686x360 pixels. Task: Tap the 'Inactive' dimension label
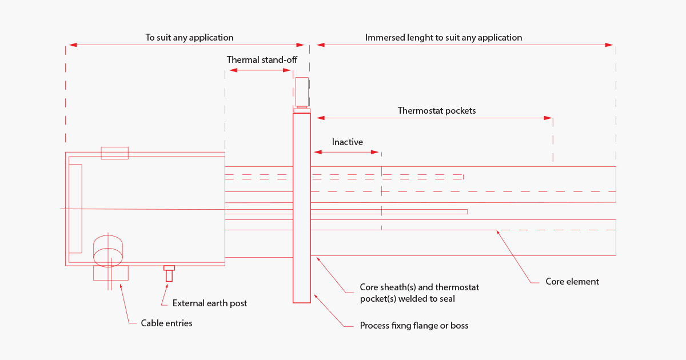(x=347, y=142)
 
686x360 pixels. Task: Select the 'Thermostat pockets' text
(x=436, y=110)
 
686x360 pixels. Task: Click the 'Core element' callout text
(x=572, y=281)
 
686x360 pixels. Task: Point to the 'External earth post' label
(x=209, y=303)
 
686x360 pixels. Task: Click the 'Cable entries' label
(x=166, y=323)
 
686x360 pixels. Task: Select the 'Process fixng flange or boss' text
(x=414, y=325)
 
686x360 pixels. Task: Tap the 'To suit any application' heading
(x=189, y=37)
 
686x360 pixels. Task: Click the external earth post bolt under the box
(x=169, y=274)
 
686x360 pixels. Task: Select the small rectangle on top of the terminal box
(x=114, y=153)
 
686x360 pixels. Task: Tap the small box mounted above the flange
(x=302, y=91)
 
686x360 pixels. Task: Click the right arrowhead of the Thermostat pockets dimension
(x=549, y=118)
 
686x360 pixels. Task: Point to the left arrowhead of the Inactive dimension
(x=317, y=152)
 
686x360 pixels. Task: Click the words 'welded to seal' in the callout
(x=429, y=298)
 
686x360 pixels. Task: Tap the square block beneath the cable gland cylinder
(x=110, y=273)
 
